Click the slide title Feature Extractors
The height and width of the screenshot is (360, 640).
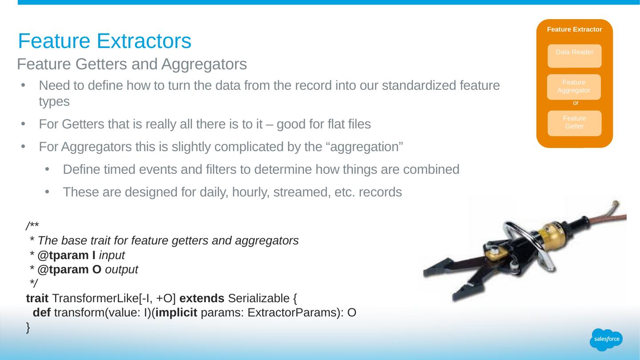click(104, 41)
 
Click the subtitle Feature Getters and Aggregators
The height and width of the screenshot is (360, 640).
click(132, 64)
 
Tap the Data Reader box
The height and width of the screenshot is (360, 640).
click(574, 56)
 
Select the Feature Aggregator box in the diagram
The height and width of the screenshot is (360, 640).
click(574, 87)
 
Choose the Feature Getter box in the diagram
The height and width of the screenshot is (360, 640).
click(574, 123)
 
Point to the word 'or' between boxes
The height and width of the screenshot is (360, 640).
click(576, 103)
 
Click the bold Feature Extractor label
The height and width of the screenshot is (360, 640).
click(574, 29)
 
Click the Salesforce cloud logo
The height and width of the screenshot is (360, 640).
click(606, 340)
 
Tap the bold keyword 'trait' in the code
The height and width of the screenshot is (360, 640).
click(37, 298)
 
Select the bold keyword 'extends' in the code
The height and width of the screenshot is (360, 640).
click(202, 298)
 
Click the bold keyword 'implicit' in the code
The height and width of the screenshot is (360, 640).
click(176, 312)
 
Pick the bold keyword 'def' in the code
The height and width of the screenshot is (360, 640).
click(42, 312)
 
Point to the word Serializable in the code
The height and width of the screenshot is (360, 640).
click(259, 298)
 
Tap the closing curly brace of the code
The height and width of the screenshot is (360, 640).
click(28, 328)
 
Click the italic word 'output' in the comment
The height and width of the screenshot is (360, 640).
click(121, 270)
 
